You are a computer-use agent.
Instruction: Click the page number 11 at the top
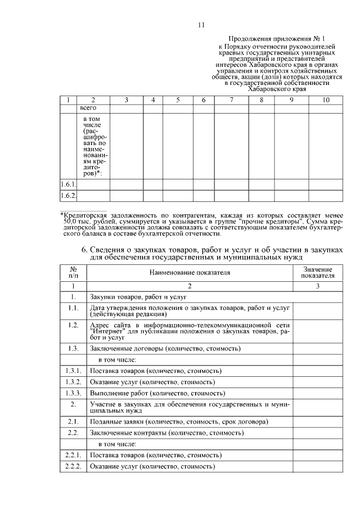coord(202,25)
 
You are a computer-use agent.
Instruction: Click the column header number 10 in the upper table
coord(326,100)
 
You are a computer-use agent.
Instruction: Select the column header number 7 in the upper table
coord(231,100)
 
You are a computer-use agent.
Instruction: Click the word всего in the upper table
coord(88,107)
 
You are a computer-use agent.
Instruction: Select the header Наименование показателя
coord(190,273)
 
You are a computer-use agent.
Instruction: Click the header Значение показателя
coord(317,273)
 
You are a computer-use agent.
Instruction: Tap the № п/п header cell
coord(73,273)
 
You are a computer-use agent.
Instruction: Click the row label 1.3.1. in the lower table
coord(73,371)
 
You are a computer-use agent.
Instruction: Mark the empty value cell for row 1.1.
coord(317,310)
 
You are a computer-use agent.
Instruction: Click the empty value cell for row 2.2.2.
coord(317,466)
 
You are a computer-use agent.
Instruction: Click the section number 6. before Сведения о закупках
coord(84,249)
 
